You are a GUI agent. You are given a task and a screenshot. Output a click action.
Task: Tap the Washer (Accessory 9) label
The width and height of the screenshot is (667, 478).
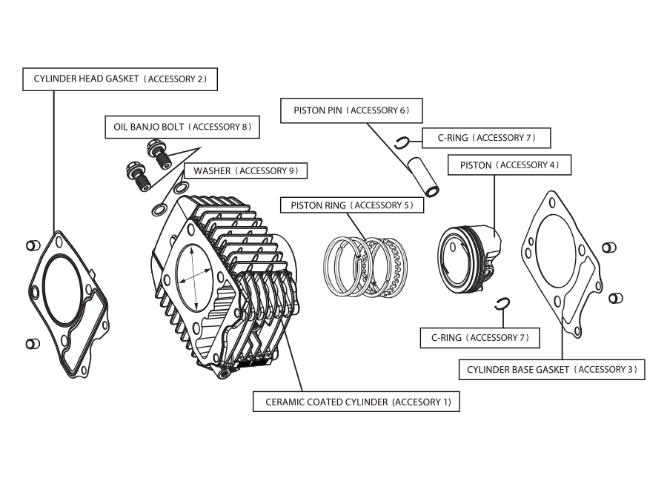pyautogui.click(x=245, y=171)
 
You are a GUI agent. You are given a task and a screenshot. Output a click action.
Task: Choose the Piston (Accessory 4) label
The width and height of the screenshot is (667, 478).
pyautogui.click(x=509, y=165)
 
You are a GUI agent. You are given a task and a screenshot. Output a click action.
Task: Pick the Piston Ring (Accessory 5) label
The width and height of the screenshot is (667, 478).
pyautogui.click(x=351, y=205)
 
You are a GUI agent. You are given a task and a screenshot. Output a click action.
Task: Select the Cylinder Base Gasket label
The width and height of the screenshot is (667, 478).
pyautogui.click(x=551, y=369)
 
